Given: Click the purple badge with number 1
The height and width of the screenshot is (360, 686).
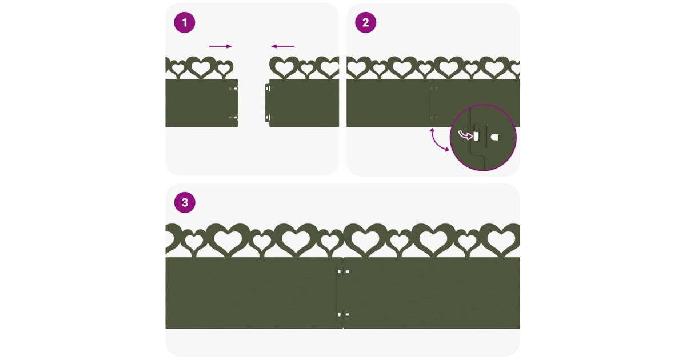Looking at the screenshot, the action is point(184,23).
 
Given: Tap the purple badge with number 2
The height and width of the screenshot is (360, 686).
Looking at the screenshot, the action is point(365,23).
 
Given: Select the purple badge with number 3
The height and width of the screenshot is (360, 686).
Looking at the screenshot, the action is point(185,202).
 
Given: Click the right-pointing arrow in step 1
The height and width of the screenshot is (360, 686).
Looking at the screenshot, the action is point(221,46).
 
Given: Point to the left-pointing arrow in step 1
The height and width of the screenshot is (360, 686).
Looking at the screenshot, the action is point(282,46).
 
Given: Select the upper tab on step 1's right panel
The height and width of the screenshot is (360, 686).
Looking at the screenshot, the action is point(268,89).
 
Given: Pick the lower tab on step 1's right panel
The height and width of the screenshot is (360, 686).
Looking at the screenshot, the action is point(268,118).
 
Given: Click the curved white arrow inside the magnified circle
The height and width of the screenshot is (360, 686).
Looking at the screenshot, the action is point(465,135).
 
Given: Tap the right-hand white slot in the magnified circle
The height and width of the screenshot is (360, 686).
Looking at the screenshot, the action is point(495,138).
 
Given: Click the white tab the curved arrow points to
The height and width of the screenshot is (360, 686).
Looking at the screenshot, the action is point(476,137).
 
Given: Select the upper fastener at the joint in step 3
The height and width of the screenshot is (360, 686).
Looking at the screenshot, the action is point(343,271).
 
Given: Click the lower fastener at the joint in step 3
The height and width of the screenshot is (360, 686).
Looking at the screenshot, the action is point(343,314).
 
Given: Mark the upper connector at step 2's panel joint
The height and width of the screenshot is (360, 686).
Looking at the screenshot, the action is point(434,89).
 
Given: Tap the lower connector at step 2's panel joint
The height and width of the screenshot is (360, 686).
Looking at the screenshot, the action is point(434,117).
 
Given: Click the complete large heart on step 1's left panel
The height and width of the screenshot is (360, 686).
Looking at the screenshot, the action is point(201,67).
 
